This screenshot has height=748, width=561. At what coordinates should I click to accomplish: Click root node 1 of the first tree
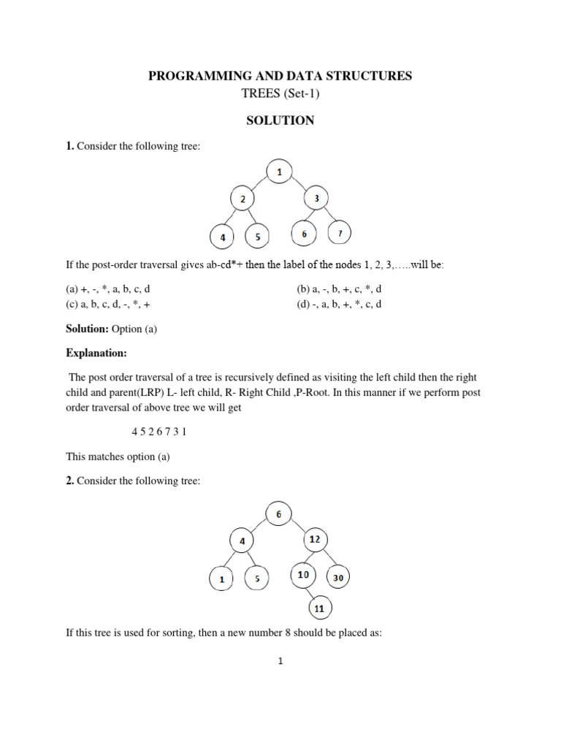click(x=280, y=172)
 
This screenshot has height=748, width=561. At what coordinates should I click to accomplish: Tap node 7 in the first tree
click(x=339, y=234)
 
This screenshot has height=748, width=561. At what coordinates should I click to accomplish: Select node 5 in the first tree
click(x=257, y=237)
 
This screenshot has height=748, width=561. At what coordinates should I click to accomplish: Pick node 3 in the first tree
click(x=317, y=198)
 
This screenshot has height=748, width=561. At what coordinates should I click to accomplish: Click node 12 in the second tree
click(x=316, y=540)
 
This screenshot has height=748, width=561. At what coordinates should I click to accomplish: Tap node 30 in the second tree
click(x=338, y=577)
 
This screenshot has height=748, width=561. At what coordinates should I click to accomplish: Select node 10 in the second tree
click(x=303, y=575)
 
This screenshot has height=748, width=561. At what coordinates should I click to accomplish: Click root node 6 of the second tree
click(x=278, y=514)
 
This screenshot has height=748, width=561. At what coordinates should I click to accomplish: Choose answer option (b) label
click(x=303, y=289)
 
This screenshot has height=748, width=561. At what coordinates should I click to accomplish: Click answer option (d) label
click(x=303, y=304)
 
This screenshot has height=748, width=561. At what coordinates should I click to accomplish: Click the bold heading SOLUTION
click(x=280, y=121)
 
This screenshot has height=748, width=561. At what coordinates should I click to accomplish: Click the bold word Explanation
click(x=96, y=354)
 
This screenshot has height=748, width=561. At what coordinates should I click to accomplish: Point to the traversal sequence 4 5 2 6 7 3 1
click(x=159, y=431)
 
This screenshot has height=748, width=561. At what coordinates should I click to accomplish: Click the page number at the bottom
click(x=280, y=662)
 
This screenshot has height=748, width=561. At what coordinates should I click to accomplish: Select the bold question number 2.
click(x=70, y=482)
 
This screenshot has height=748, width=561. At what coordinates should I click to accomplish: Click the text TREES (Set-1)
click(x=280, y=94)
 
